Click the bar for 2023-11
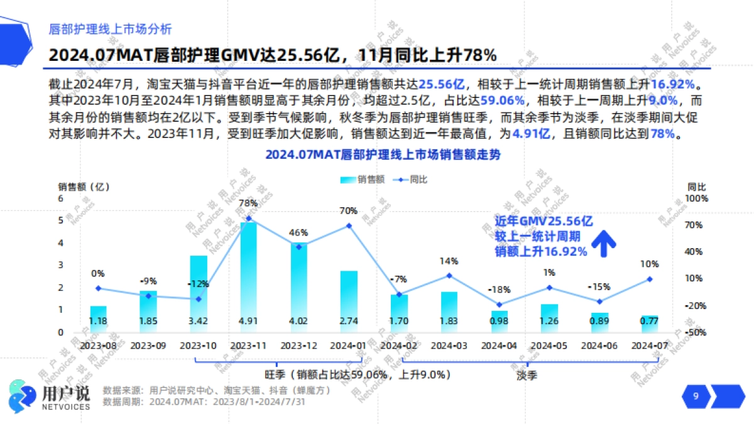click(x=248, y=276)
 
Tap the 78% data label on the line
click(x=248, y=203)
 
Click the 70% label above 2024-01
click(x=349, y=210)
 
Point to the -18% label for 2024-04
click(x=500, y=290)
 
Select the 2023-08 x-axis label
click(x=98, y=345)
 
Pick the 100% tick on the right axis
click(x=697, y=198)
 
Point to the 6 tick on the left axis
click(x=61, y=198)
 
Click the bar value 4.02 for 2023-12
click(x=298, y=321)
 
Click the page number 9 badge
click(x=696, y=396)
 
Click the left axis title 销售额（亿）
click(x=84, y=187)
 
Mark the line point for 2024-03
click(x=449, y=275)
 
